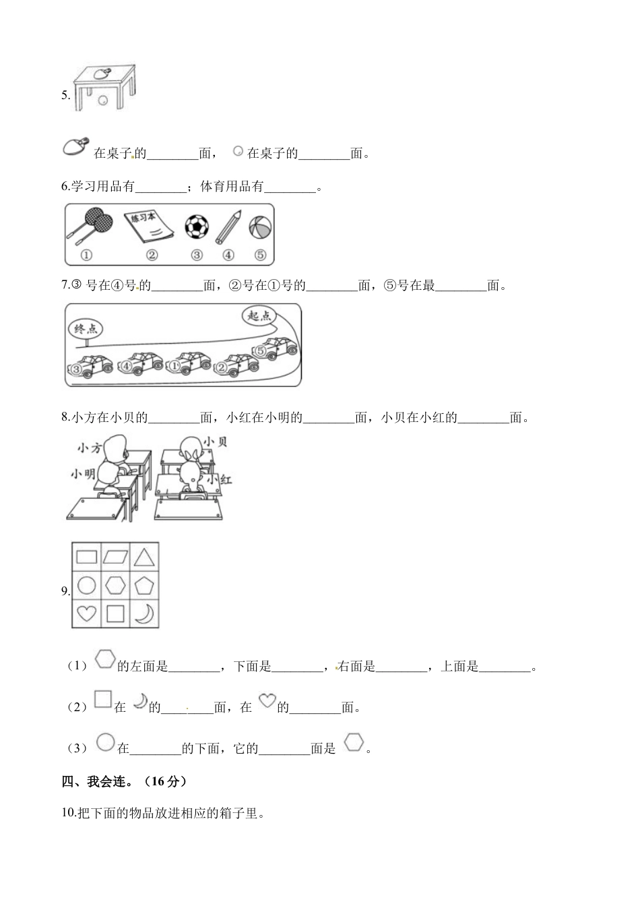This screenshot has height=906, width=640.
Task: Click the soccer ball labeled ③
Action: tap(197, 227)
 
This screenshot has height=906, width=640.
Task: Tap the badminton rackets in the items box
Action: tap(88, 225)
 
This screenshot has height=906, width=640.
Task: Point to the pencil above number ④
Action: tap(228, 227)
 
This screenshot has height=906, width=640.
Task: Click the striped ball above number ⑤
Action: tap(259, 227)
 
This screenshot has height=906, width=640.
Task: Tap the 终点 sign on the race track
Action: tap(86, 329)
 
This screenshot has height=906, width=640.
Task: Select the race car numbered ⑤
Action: tap(274, 349)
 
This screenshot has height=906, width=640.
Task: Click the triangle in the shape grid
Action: tap(144, 557)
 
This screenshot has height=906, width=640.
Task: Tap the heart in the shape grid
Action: tap(86, 613)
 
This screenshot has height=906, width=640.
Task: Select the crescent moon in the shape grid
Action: tap(144, 613)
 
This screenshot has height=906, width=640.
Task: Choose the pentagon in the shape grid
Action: tap(144, 585)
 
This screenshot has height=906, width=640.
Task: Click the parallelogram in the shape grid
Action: tap(115, 557)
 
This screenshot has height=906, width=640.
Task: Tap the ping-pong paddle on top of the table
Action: tap(102, 72)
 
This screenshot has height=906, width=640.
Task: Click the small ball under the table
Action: tap(103, 100)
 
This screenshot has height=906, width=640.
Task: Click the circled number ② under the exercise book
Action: tap(152, 255)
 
